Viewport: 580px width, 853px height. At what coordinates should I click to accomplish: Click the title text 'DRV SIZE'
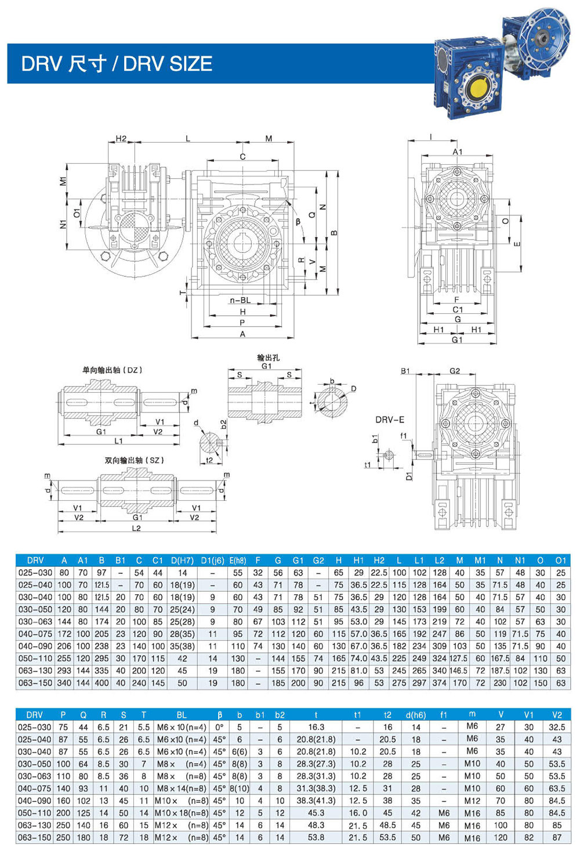(x=168, y=63)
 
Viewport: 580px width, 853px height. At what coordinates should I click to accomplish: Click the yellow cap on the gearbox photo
(x=478, y=89)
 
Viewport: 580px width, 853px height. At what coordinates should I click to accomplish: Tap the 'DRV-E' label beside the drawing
(x=389, y=420)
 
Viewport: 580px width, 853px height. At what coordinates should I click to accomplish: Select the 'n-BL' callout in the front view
(x=240, y=300)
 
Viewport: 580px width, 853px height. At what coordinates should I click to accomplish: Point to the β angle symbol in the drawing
(x=298, y=221)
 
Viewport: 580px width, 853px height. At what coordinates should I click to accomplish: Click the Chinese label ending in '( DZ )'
(x=112, y=370)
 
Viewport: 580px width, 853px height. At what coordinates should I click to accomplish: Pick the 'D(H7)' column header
(x=182, y=561)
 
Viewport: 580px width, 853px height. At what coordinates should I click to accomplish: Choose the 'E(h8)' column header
(x=238, y=561)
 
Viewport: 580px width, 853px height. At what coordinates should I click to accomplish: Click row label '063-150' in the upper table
(x=35, y=683)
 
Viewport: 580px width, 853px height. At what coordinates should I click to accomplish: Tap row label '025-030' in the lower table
(x=35, y=727)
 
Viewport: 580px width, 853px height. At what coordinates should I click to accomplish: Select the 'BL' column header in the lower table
(x=182, y=715)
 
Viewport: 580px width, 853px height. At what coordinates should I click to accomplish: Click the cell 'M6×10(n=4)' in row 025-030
(x=182, y=727)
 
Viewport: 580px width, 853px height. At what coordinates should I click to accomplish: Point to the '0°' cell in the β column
(x=219, y=727)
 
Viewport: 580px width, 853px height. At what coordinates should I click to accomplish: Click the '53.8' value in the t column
(x=316, y=837)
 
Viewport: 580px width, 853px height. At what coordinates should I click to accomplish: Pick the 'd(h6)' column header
(x=416, y=715)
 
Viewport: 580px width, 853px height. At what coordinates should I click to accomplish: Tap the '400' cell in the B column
(x=101, y=683)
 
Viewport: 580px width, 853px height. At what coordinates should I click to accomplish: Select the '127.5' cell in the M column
(x=459, y=659)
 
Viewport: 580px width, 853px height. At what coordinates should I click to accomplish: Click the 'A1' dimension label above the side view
(x=458, y=152)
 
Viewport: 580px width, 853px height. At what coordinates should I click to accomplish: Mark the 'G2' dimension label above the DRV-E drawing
(x=455, y=371)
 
